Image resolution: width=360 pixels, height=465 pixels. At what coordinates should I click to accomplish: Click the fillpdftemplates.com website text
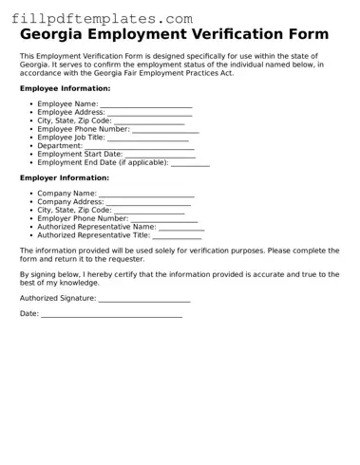[x=102, y=19]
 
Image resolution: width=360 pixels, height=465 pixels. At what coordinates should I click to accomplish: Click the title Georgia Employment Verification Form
[x=175, y=34]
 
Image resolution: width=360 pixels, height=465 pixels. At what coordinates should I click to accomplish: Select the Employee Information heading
[x=66, y=88]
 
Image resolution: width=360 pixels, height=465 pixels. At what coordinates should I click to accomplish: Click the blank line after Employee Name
[x=146, y=105]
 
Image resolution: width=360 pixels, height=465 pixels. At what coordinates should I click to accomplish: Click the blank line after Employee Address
[x=150, y=114]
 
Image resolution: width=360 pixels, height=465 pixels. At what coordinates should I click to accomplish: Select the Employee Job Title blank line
[x=148, y=139]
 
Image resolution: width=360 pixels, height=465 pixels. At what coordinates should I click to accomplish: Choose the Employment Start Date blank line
[x=160, y=155]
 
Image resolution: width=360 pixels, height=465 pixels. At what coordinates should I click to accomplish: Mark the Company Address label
[x=70, y=202]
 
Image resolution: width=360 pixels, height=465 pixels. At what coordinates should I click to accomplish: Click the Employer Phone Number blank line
[x=164, y=219]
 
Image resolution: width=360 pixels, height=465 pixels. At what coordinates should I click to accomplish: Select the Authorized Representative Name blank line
[x=181, y=228]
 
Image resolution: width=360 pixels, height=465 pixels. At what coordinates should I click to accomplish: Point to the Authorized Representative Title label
[x=93, y=235]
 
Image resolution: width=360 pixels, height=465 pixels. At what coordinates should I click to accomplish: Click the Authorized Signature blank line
[x=144, y=300]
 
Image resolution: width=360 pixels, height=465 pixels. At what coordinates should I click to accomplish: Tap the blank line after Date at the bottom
[x=111, y=314]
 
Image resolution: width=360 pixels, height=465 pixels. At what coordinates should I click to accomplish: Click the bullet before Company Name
[x=29, y=194]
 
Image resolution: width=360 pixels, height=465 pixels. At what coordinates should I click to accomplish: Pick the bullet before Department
[x=29, y=146]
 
